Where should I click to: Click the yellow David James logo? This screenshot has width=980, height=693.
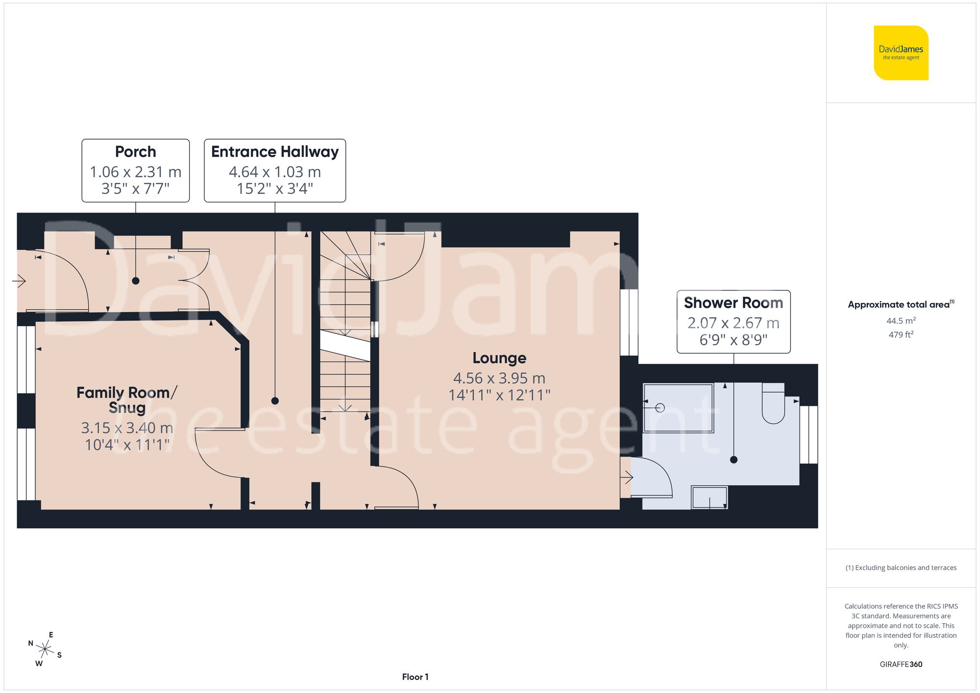pos(901,53)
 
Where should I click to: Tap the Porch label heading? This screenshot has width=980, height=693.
pos(135,152)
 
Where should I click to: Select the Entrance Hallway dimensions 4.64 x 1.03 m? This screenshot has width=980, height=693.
pos(274,172)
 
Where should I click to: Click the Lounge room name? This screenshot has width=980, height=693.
pos(499,358)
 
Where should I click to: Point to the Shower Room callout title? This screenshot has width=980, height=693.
pos(733,303)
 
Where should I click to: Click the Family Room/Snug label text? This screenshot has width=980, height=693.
pos(126,400)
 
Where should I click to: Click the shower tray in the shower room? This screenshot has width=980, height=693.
pos(678,408)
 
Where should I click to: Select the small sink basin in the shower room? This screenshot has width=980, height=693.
pos(709,498)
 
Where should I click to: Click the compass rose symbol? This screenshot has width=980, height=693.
pos(45,649)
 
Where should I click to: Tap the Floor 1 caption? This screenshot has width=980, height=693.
pos(415,677)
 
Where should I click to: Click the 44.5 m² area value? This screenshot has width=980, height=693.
pos(901,321)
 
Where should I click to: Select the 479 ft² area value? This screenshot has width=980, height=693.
pos(901,335)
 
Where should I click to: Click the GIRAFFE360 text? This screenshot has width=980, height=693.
pos(901,664)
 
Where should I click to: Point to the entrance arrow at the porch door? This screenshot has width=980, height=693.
pos(19,281)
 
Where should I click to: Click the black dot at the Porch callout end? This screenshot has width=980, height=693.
pos(136,281)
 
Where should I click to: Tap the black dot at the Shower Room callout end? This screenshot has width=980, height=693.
pos(734,459)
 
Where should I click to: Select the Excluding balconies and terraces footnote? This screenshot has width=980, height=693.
pos(901,568)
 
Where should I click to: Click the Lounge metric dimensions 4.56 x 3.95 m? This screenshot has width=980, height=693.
pos(499,378)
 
